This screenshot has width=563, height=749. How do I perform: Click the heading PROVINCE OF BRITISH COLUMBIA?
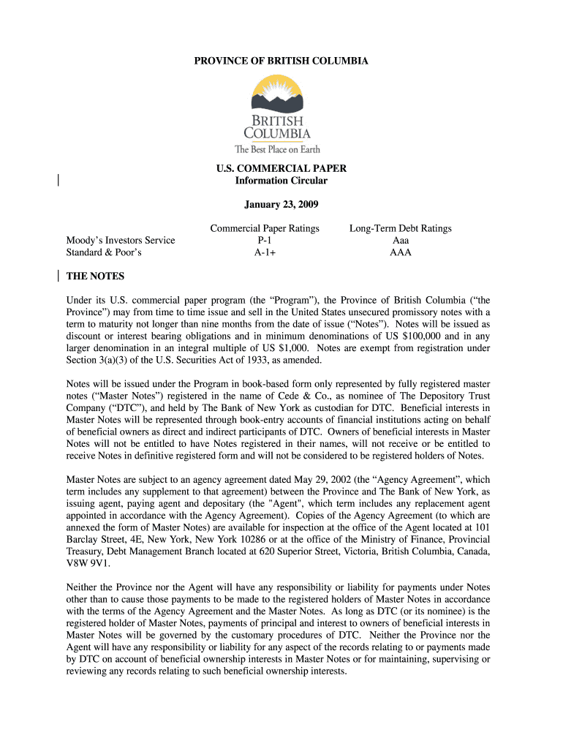click(281, 61)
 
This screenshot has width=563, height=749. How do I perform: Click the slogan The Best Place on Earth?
click(277, 150)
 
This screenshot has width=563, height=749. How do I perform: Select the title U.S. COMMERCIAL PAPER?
click(281, 168)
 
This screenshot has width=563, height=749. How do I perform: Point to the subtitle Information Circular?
click(281, 181)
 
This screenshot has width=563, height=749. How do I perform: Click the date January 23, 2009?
click(281, 204)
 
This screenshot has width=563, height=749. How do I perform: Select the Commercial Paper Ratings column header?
click(265, 228)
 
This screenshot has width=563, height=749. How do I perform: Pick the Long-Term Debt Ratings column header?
click(400, 228)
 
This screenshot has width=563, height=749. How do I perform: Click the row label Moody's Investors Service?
click(121, 241)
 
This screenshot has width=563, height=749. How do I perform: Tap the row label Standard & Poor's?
click(104, 252)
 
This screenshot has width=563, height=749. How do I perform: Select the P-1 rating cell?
click(265, 241)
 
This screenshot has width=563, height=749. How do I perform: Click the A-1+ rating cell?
click(265, 252)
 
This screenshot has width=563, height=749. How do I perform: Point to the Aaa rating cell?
click(401, 241)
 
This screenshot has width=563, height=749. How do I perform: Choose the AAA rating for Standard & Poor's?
click(401, 252)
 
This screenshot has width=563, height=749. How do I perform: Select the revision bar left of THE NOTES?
click(58, 276)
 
